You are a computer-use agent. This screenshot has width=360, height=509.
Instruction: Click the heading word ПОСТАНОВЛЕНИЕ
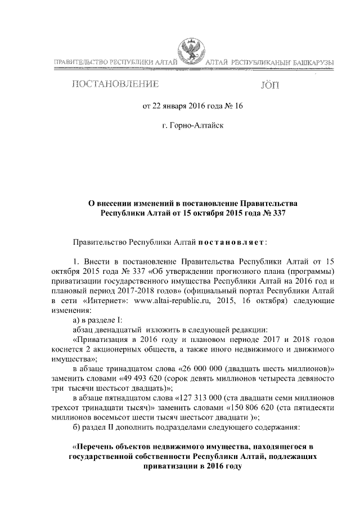tap(114, 85)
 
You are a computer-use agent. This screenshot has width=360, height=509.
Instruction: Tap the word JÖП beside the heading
tap(269, 86)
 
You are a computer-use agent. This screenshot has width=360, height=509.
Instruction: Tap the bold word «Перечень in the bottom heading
tap(90, 447)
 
